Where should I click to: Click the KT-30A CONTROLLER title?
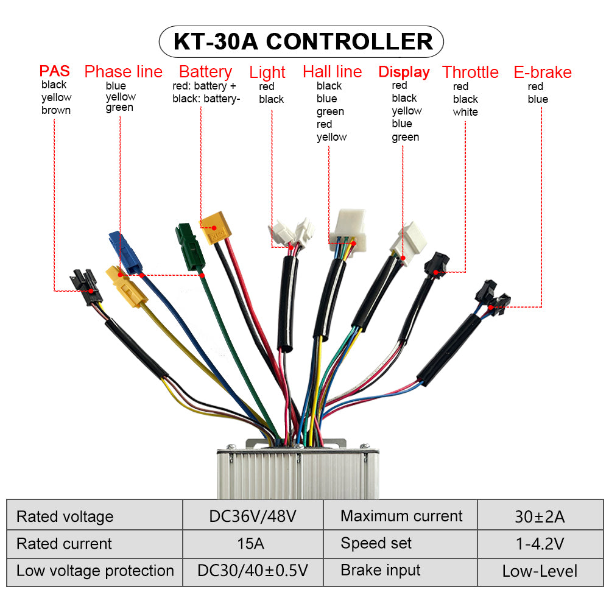pos(303,41)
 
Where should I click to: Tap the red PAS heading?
pos(55,71)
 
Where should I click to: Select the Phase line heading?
pos(123,72)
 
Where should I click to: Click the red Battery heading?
pos(205,72)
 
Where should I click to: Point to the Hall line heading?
pos(332,72)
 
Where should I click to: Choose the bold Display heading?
pos(404,72)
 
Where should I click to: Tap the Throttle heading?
pos(470,72)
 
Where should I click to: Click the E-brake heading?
pos(543,72)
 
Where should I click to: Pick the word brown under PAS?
pos(56,110)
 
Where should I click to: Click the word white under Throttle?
pos(465,112)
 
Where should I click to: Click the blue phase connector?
pos(125,251)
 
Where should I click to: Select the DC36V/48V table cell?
pos(253,516)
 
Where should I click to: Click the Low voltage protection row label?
pos(95,571)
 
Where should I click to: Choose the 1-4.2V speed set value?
pos(540,544)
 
